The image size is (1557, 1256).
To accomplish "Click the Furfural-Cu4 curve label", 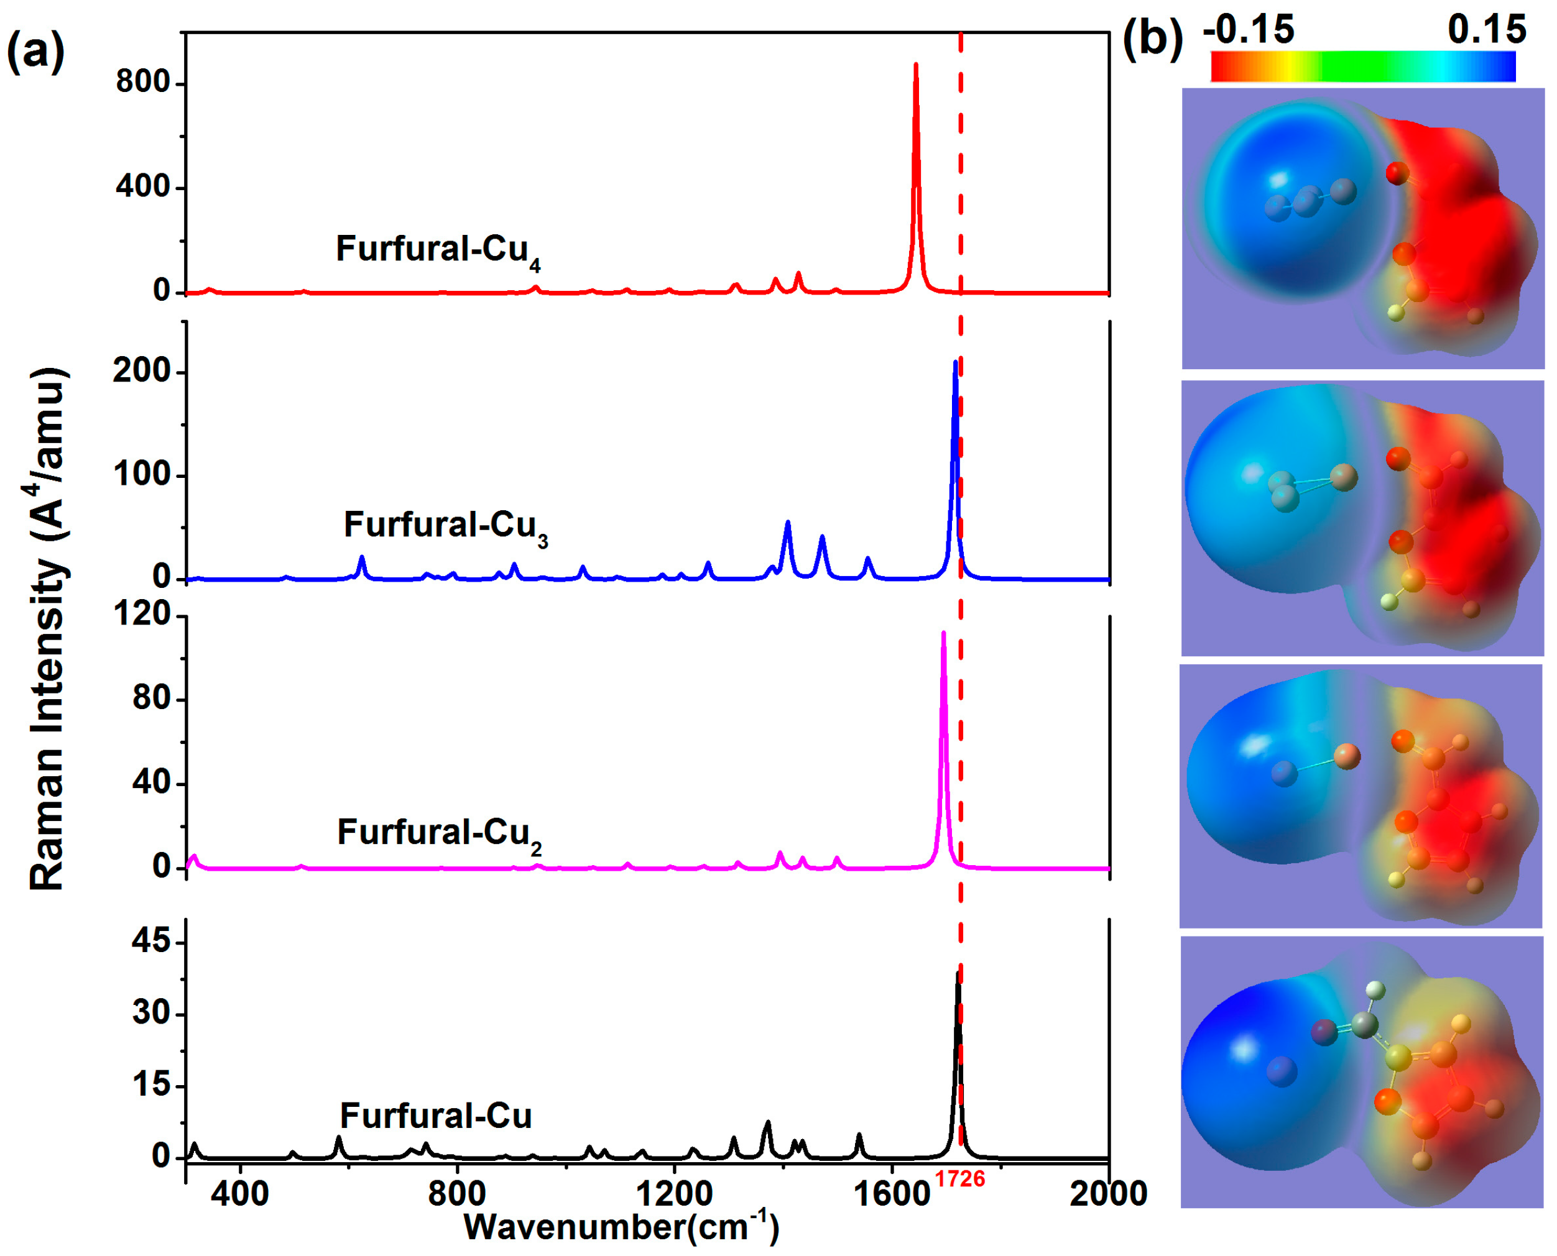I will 438,250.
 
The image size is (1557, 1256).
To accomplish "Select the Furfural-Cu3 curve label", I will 445,526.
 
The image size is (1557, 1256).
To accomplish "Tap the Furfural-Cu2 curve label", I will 440,833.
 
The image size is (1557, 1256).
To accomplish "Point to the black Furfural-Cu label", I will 436,1116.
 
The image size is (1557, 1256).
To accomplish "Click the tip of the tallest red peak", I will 916,65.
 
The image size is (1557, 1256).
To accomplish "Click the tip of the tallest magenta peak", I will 943,633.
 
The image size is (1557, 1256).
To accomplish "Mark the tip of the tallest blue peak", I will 956,362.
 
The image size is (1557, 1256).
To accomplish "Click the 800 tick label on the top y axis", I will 142,83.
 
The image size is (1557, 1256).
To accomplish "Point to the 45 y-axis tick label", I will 151,942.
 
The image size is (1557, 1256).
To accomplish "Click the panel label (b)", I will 1152,40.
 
